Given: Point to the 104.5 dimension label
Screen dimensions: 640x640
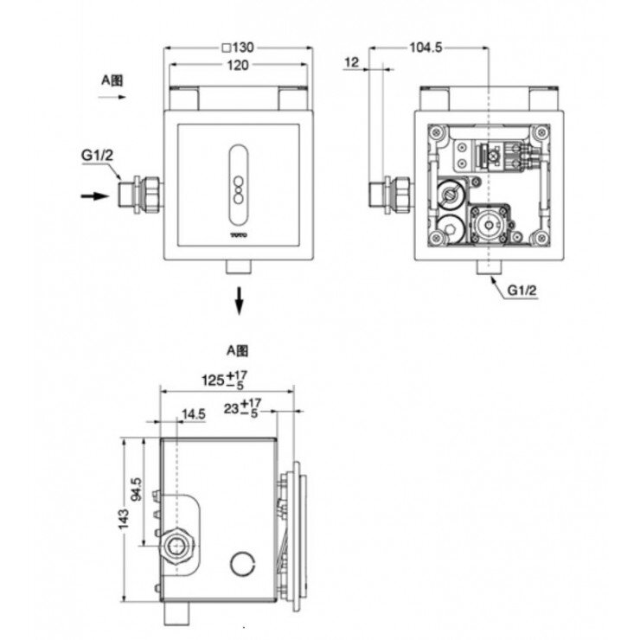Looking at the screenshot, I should coord(426,48).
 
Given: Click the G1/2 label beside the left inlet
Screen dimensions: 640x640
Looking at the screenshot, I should coord(98,155).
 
